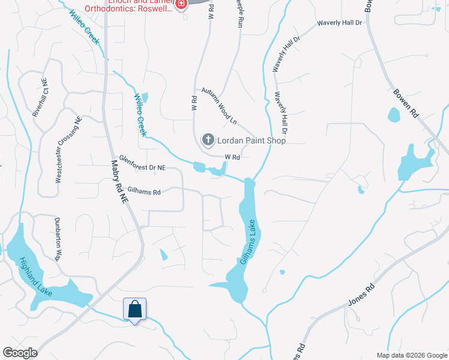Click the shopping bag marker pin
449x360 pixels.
coord(134,310)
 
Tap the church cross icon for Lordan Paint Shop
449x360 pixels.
coord(208,140)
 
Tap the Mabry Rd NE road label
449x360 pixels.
coord(119,179)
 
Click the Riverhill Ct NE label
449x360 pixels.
coord(38,96)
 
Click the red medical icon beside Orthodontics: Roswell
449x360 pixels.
coord(181,4)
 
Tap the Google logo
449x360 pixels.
coord(20,353)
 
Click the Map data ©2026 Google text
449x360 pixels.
coord(411,355)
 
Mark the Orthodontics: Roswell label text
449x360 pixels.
coord(137,8)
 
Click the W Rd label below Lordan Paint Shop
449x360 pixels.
coord(232,157)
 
